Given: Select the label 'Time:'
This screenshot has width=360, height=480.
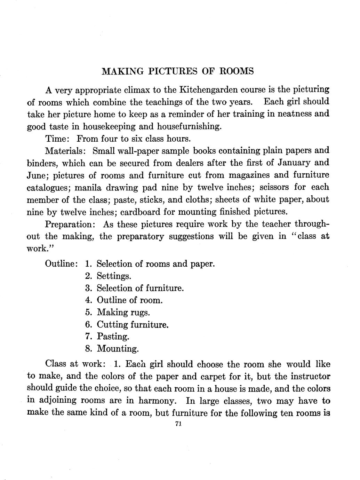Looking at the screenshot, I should (58, 139).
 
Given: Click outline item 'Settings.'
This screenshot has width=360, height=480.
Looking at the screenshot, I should (114, 276).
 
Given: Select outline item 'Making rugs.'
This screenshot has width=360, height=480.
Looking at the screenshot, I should (123, 312).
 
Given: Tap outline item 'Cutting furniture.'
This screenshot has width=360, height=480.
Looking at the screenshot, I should (133, 325).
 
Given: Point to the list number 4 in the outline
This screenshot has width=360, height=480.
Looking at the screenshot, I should (88, 300).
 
